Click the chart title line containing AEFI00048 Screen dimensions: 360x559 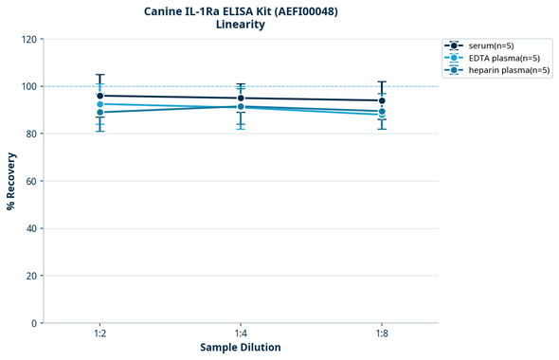click(x=241, y=10)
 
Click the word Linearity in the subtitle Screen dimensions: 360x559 click(x=241, y=25)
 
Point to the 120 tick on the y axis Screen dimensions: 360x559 click(x=28, y=39)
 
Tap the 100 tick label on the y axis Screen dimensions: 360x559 click(x=28, y=86)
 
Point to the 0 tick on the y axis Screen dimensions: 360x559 click(x=34, y=323)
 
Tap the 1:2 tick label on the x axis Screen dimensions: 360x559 click(x=99, y=334)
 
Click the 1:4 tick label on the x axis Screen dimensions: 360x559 click(x=241, y=334)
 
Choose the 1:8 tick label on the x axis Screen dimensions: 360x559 click(x=382, y=334)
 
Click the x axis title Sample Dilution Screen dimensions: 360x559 click(x=241, y=348)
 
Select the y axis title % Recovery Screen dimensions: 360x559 click(x=11, y=181)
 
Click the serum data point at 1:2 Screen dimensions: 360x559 click(x=99, y=96)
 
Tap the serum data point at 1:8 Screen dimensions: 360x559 click(x=382, y=100)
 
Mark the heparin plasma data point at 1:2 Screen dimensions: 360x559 click(x=99, y=113)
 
